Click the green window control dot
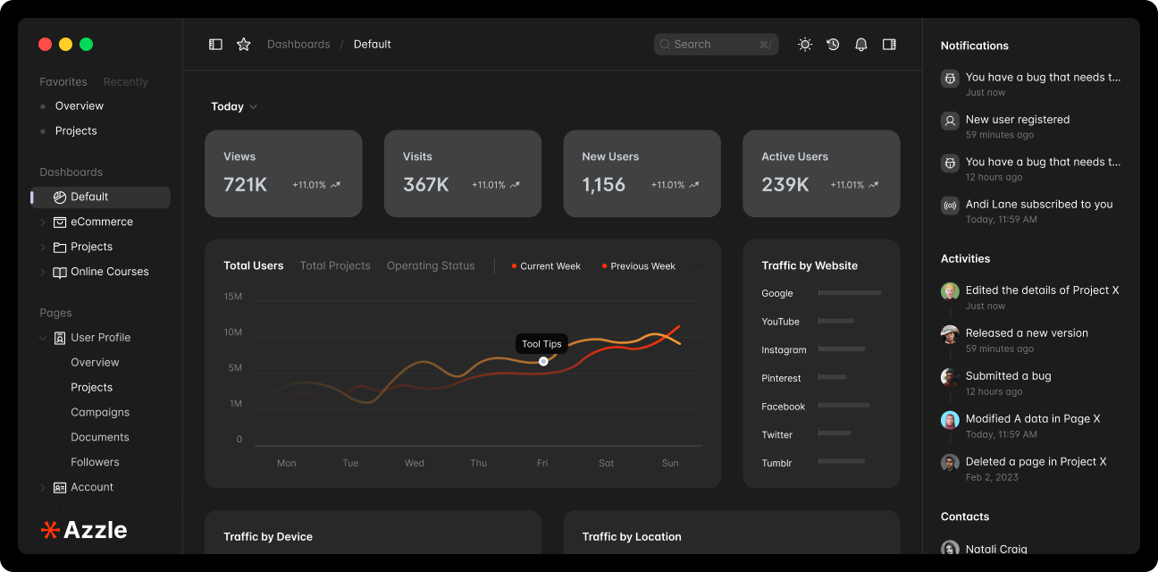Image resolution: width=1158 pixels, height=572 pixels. coord(87,44)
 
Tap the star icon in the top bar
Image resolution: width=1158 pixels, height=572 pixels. coord(243,44)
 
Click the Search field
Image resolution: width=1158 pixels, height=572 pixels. coord(715,44)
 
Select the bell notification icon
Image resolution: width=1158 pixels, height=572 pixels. coord(860,44)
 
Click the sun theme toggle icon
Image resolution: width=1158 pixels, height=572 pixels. coord(805,44)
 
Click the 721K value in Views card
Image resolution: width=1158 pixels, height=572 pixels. coord(246,185)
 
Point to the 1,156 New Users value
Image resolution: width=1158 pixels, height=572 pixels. coord(604,185)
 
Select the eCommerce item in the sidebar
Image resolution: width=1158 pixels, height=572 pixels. coord(102,222)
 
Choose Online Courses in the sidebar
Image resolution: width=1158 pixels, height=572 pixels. coord(110,272)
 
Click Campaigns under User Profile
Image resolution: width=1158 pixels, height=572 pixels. coord(100,412)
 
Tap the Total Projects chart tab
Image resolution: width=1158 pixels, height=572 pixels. coord(335,265)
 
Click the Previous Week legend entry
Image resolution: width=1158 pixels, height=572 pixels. coord(642,266)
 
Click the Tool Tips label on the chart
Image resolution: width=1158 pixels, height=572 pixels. coord(541,344)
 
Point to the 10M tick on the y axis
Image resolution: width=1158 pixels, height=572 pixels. coord(232,332)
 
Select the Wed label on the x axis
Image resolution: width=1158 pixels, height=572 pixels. coord(415,463)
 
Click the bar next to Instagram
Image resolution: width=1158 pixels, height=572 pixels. coord(841,349)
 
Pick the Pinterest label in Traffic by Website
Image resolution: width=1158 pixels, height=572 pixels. coord(781,378)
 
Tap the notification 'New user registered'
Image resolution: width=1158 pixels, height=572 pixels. coord(1017,119)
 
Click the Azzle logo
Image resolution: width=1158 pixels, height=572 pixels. coord(84,530)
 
